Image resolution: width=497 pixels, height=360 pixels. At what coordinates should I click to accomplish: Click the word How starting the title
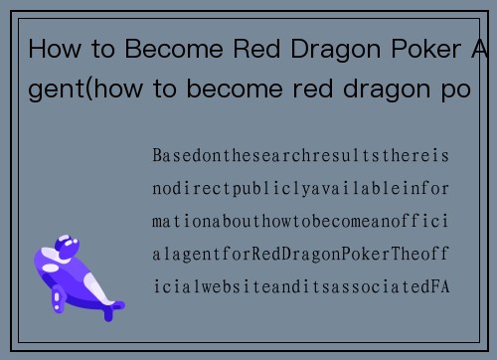point(52,49)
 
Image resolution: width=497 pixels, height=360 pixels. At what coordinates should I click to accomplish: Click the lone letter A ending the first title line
point(477,49)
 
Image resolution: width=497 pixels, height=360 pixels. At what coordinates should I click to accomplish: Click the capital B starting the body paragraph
point(158,157)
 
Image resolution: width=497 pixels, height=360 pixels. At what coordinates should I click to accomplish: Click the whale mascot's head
point(68,249)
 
